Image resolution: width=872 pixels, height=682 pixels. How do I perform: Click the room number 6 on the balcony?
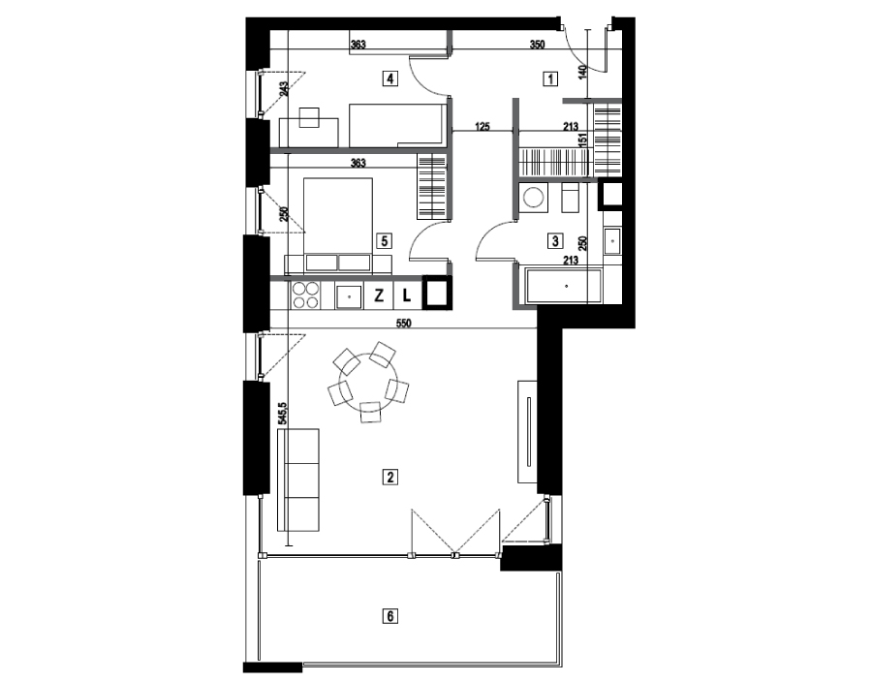390,616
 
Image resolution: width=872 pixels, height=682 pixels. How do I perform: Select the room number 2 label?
390,477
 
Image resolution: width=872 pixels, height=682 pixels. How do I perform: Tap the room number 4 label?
390,78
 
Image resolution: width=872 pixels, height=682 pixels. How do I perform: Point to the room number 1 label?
550,78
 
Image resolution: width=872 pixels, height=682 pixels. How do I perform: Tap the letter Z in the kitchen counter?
379,295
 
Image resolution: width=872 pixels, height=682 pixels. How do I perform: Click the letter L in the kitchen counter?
407,295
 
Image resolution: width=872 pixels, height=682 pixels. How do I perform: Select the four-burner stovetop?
305,295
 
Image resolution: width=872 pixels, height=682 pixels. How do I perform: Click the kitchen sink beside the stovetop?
349,295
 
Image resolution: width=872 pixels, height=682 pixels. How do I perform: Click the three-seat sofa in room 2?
298,480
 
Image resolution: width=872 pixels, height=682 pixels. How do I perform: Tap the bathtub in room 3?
562,286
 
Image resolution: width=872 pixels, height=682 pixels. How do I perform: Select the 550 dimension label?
403,324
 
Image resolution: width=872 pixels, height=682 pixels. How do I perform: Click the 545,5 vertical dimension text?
283,414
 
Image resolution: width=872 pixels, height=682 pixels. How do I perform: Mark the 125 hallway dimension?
483,127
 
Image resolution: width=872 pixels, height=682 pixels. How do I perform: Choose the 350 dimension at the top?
537,45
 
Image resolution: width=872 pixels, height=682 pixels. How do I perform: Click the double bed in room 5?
337,224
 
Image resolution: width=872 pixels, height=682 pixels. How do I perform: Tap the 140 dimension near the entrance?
582,73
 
